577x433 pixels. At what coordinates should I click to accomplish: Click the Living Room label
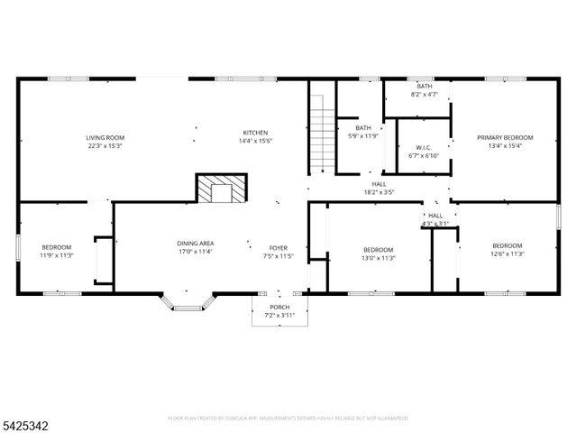(105, 138)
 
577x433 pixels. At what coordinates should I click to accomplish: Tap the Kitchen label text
(254, 133)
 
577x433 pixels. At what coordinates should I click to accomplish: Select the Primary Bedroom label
(505, 138)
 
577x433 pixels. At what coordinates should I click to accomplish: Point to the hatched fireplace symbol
(221, 189)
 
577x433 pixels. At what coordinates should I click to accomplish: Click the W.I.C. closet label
(424, 148)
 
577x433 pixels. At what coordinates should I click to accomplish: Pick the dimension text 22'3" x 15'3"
(105, 146)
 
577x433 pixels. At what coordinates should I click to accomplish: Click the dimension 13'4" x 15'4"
(505, 146)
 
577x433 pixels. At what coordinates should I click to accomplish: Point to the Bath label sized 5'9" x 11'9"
(363, 128)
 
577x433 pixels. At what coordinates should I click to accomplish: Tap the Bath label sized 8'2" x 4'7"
(424, 86)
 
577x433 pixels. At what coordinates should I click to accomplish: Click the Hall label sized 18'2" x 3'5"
(379, 183)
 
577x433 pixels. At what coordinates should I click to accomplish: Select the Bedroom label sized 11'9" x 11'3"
(56, 247)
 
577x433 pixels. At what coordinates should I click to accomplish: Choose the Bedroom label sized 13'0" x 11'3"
(379, 250)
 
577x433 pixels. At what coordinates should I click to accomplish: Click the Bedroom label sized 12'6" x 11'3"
(507, 246)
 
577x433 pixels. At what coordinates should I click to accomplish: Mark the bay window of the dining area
(188, 303)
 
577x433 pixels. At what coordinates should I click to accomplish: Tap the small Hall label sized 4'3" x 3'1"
(435, 216)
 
